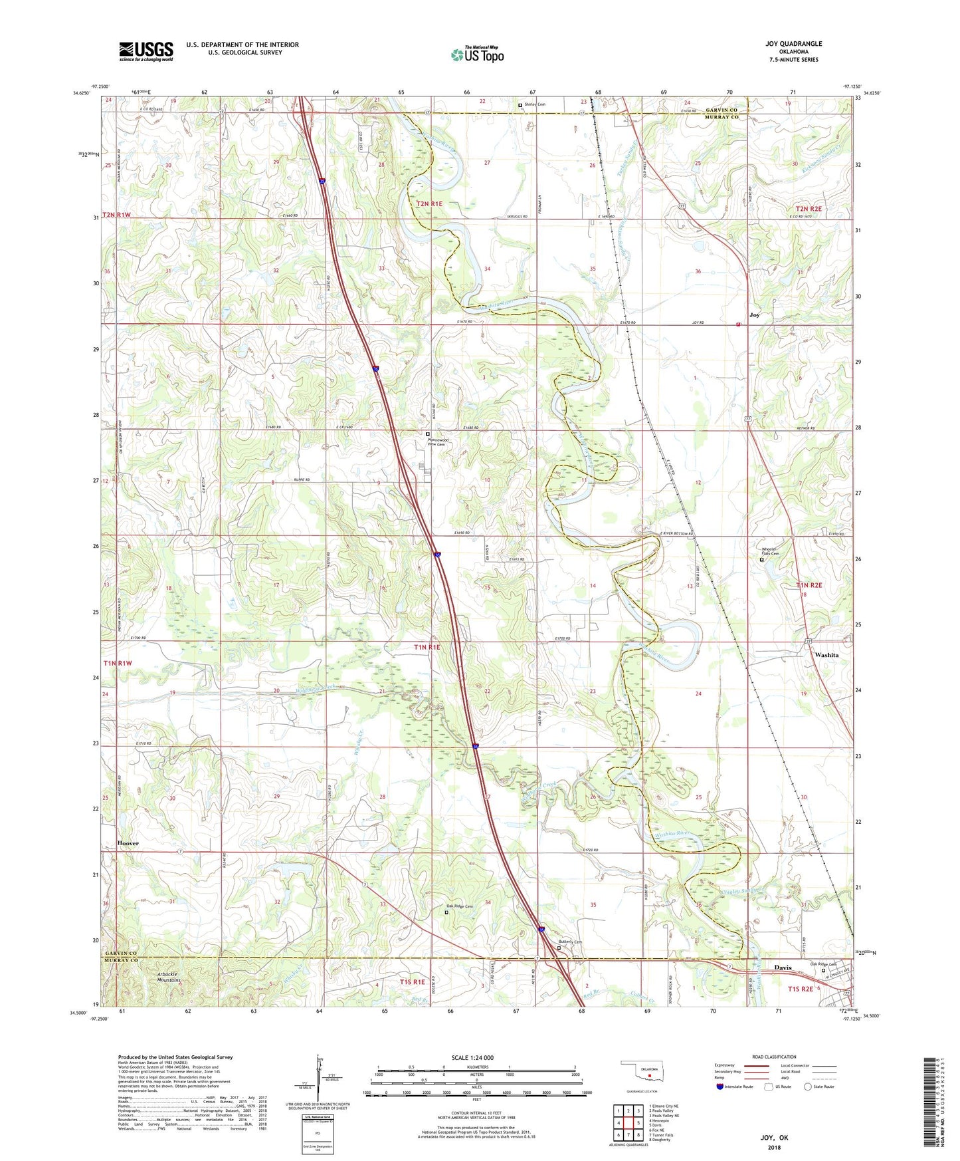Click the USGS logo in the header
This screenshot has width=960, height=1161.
click(x=145, y=51)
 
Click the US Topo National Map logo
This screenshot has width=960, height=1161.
click(x=477, y=55)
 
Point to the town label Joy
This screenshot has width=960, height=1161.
click(x=754, y=315)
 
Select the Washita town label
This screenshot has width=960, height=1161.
click(x=826, y=655)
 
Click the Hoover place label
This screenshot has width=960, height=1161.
click(x=128, y=843)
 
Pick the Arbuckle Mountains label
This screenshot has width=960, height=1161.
click(x=169, y=977)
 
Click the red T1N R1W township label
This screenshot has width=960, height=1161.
click(x=118, y=663)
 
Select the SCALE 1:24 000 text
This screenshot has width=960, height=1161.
click(x=472, y=1057)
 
